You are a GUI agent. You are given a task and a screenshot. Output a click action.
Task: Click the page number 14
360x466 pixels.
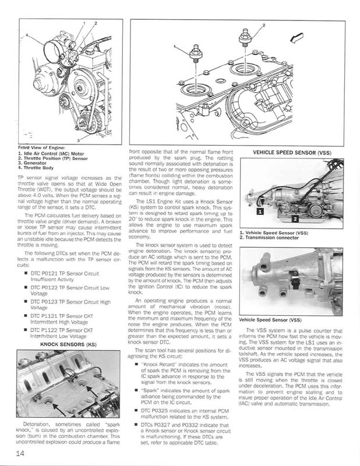[x=20, y=453]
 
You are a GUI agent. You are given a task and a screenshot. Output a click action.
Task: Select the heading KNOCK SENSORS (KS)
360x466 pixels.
[x=68, y=344]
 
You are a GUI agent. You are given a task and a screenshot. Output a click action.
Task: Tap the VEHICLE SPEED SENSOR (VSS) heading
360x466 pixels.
[x=292, y=153]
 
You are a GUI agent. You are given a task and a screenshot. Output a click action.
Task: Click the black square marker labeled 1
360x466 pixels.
[x=260, y=211]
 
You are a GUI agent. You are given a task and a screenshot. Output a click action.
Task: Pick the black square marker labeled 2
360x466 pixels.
[x=295, y=219]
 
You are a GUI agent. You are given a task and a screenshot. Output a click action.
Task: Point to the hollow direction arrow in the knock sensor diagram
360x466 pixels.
[x=297, y=37]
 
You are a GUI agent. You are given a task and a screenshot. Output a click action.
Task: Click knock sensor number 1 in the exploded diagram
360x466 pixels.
[x=196, y=54]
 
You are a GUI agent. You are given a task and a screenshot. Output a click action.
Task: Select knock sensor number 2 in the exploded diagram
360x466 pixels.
[x=245, y=38]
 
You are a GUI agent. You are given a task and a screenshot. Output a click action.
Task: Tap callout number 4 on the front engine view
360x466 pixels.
[x=26, y=35]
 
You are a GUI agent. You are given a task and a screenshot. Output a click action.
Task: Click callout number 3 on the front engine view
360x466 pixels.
[x=78, y=140]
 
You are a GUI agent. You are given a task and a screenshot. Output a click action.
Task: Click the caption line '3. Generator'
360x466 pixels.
[x=32, y=163]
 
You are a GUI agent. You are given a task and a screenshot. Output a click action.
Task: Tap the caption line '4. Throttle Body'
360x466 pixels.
[x=36, y=168]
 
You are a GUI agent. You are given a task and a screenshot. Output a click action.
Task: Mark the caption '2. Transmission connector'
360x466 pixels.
[x=269, y=238]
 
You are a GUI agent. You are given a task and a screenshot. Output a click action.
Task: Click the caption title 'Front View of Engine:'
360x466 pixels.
[x=41, y=148]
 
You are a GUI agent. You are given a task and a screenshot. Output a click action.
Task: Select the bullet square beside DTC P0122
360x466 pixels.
[x=26, y=287]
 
